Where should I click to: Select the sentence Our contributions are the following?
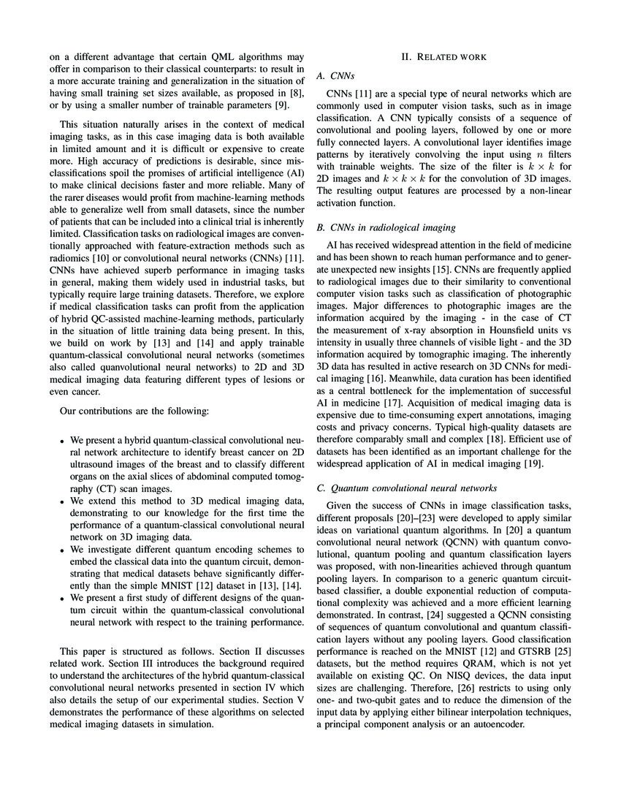pos(134,412)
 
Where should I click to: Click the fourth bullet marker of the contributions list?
pos(64,598)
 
